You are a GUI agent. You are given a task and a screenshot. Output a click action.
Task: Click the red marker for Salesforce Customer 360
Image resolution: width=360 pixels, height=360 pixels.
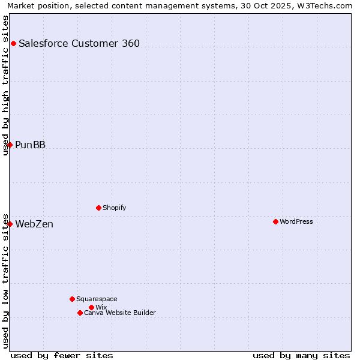click(13, 43)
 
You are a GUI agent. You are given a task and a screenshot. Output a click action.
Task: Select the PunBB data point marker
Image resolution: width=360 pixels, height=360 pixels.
click(10, 145)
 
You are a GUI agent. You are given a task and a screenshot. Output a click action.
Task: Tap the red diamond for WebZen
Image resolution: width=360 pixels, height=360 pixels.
click(10, 224)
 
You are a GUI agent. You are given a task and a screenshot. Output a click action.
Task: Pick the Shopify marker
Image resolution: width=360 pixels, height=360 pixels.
click(98, 208)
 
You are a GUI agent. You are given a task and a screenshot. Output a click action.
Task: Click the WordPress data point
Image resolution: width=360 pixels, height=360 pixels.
click(275, 221)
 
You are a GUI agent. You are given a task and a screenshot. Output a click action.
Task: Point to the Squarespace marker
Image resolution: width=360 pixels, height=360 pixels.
click(72, 299)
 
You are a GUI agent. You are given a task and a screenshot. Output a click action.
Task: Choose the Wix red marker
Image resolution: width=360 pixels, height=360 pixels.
click(91, 307)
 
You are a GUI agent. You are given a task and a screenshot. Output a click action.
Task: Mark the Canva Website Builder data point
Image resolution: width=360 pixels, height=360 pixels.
click(80, 313)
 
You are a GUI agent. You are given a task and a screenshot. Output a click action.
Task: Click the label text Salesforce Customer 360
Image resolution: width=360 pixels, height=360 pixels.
click(79, 43)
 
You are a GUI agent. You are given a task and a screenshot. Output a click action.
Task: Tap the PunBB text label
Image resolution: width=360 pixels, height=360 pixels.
click(31, 145)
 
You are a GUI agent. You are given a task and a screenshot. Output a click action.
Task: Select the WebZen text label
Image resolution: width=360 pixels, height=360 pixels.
click(34, 224)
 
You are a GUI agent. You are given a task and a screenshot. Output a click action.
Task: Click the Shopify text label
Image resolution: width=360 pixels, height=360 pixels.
click(114, 208)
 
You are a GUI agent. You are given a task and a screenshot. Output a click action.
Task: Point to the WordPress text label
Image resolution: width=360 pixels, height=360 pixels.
click(296, 221)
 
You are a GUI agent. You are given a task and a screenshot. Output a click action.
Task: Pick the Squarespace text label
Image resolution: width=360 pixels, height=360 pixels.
click(97, 299)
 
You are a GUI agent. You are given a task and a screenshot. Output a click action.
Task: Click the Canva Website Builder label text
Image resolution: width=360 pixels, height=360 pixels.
click(120, 313)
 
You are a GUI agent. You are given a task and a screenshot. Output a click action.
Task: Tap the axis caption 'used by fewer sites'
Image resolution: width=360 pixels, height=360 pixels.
click(62, 355)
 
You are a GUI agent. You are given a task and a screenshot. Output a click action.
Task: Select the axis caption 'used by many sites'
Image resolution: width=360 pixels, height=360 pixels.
click(301, 355)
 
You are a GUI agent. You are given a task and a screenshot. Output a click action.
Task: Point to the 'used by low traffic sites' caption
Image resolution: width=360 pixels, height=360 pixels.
click(6, 280)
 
